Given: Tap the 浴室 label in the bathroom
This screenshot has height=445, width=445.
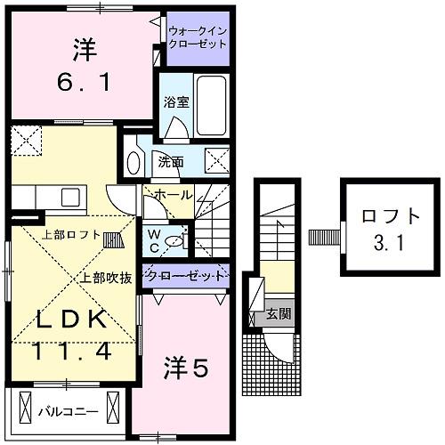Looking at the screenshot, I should (x=175, y=102).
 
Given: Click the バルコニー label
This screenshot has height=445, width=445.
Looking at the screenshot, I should (x=61, y=411).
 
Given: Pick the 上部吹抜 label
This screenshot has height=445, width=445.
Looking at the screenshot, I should (x=106, y=277).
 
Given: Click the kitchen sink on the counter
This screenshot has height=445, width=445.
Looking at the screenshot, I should (x=70, y=196).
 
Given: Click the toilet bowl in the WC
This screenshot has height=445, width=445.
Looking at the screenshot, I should (x=175, y=239).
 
